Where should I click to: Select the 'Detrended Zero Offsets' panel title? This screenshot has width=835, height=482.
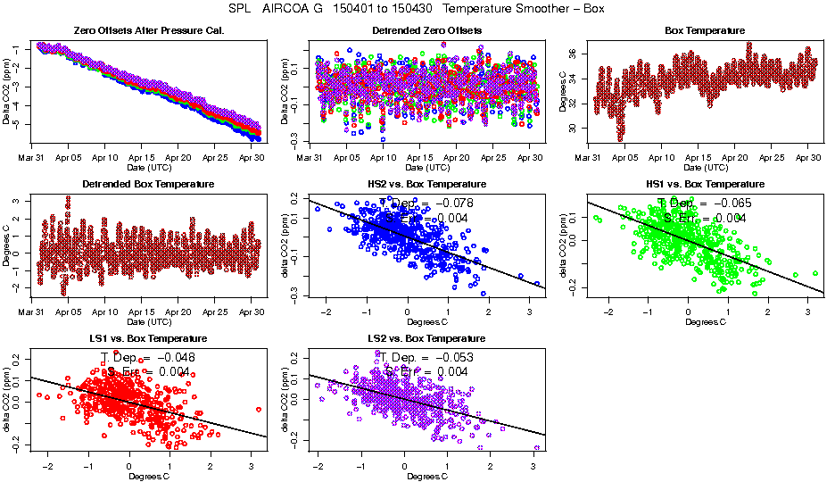(426, 31)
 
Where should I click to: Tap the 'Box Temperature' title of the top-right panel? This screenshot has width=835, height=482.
(705, 31)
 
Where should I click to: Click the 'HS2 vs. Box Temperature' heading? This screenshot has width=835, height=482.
(426, 185)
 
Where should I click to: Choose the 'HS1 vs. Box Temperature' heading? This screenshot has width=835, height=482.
(705, 185)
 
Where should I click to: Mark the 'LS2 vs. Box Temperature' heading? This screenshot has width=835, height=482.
(426, 339)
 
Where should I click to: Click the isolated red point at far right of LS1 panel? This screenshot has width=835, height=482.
(258, 410)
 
